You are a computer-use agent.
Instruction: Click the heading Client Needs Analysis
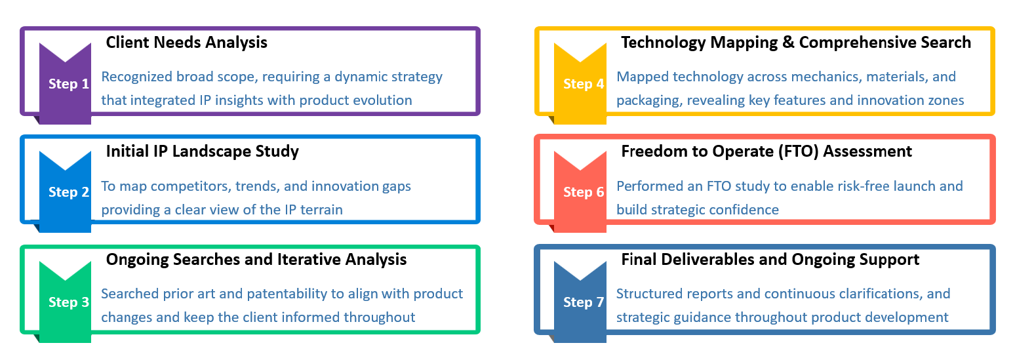click(x=187, y=43)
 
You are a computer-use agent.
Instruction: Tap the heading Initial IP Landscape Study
click(x=203, y=151)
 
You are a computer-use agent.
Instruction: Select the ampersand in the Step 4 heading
click(x=788, y=43)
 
